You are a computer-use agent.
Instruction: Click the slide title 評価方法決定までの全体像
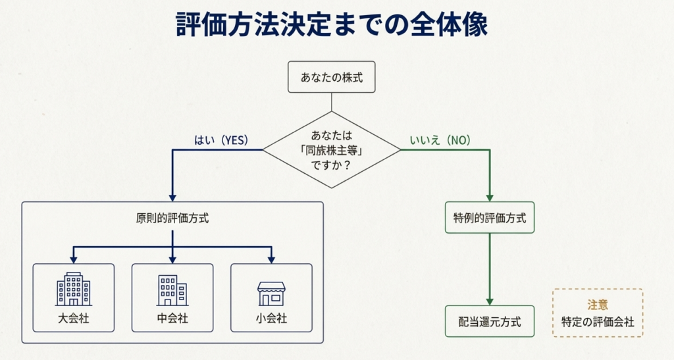[x=332, y=24]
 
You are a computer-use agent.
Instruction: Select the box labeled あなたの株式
[x=332, y=77]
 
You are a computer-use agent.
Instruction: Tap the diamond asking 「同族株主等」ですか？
[x=332, y=150]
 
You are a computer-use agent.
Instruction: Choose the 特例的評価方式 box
[x=490, y=218]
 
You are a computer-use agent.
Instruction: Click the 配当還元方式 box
[x=490, y=322]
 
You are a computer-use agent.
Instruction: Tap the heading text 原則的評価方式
[x=172, y=219]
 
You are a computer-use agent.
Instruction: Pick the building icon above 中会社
[x=172, y=290]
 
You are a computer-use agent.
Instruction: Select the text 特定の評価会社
[x=597, y=322]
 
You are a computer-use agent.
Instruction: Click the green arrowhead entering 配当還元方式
[x=490, y=301]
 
